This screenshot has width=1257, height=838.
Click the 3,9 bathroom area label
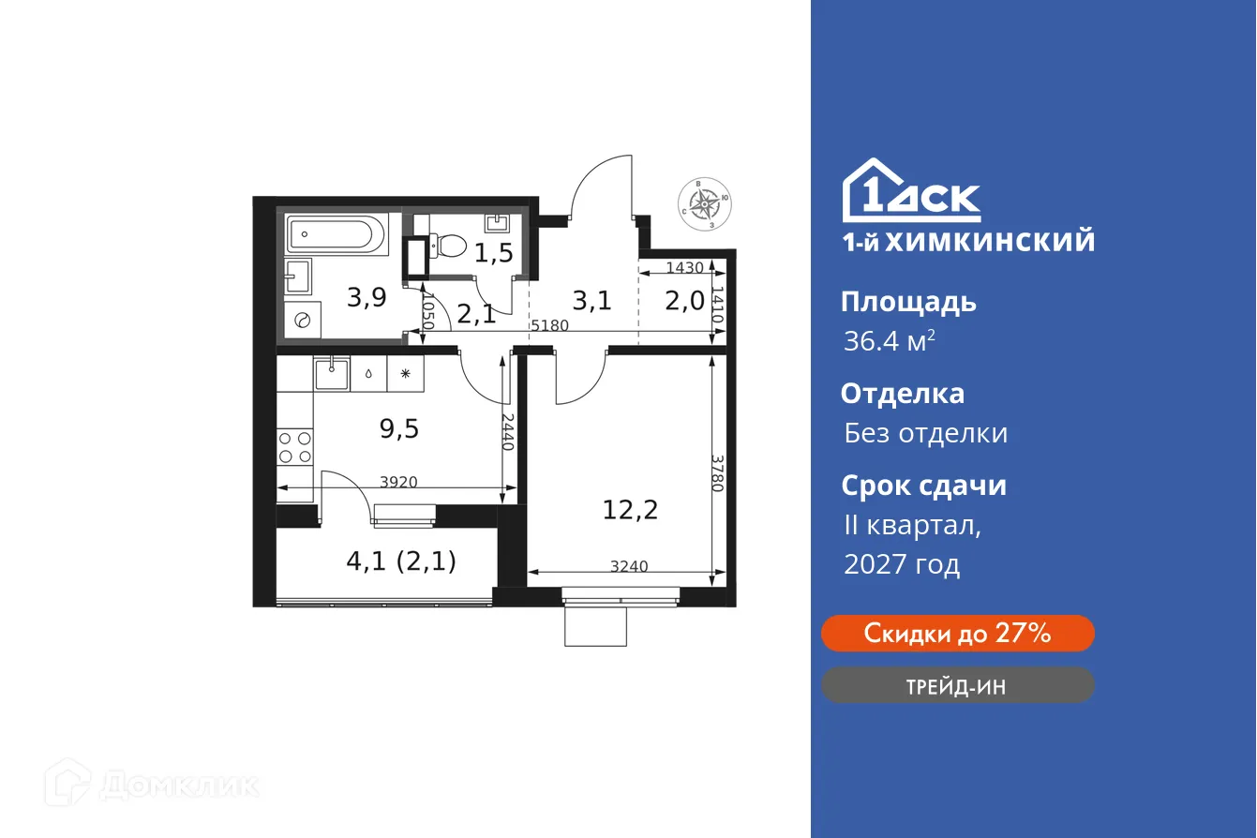[367, 298]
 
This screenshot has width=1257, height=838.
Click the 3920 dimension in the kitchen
[398, 482]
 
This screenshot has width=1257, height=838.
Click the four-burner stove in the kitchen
[295, 447]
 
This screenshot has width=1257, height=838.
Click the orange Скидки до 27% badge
[957, 634]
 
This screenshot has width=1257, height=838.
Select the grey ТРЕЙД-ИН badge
[957, 685]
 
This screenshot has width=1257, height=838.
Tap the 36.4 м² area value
[888, 341]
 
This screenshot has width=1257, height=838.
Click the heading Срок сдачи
[923, 486]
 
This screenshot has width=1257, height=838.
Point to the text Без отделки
[925, 433]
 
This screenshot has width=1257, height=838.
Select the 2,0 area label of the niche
[684, 302]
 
